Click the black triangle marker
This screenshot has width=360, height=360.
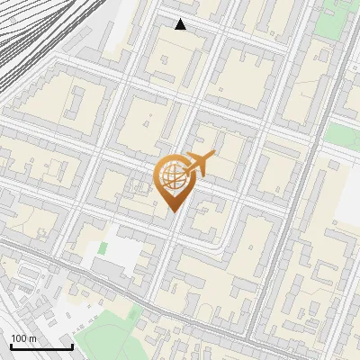click(181, 24)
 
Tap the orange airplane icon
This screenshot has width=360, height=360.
click(199, 165)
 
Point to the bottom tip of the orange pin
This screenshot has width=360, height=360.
click(174, 212)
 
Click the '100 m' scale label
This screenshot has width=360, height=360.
click(24, 338)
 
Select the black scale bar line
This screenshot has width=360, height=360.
click(41, 347)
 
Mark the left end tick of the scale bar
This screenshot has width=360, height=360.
click(11, 346)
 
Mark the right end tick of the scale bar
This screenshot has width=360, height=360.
click(72, 346)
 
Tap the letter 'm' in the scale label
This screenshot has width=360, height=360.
click(33, 338)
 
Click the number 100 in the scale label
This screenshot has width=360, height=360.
click(19, 338)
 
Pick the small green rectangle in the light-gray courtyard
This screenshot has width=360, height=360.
click(103, 247)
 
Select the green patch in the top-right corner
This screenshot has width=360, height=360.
click(340, 135)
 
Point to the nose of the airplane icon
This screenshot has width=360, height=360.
click(213, 157)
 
